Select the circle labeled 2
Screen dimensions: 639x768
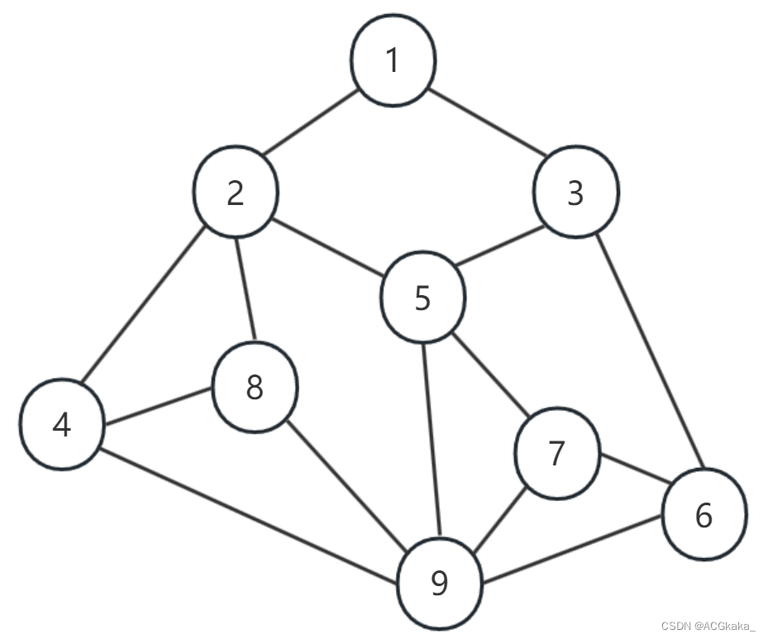[x=236, y=193]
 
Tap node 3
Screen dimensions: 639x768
[x=575, y=193]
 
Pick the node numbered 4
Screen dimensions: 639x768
[x=62, y=425]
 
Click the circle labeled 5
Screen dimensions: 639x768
[x=422, y=298]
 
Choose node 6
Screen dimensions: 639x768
[x=704, y=514]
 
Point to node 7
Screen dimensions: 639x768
[x=556, y=453]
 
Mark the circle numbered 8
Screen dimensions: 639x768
[x=255, y=388]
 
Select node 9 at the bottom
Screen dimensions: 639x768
[x=440, y=584]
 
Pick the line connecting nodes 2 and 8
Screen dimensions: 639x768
[x=246, y=289]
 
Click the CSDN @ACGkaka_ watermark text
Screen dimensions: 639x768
[x=708, y=625]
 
